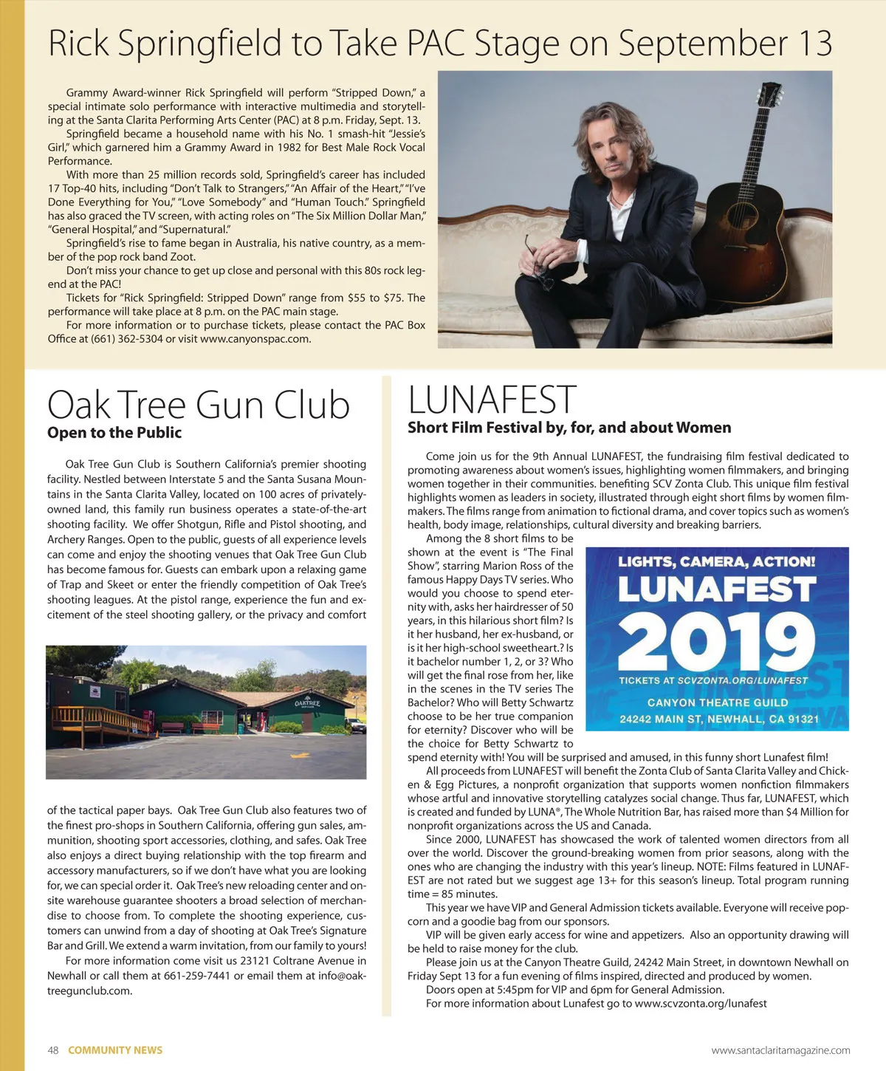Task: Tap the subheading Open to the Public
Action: click(x=114, y=433)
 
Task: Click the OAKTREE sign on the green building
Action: click(x=307, y=703)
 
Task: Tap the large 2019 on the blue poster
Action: click(x=716, y=640)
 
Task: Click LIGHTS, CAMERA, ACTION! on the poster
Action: click(x=716, y=562)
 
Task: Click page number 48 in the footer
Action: click(x=53, y=1050)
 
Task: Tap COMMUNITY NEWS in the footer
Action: click(x=115, y=1050)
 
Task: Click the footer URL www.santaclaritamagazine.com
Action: click(x=780, y=1050)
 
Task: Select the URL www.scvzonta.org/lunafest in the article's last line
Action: click(x=701, y=1004)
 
